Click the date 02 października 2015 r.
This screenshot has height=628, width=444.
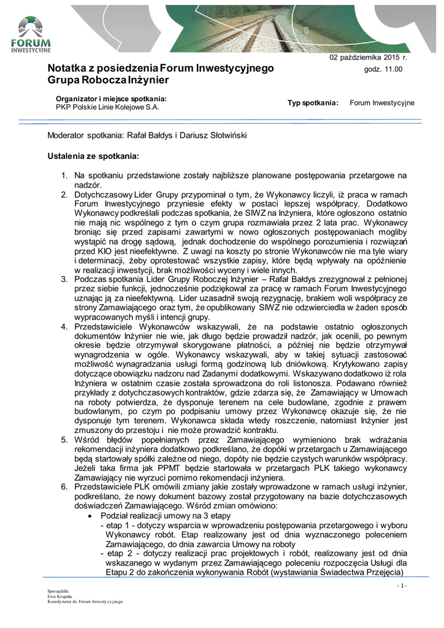tap(369, 57)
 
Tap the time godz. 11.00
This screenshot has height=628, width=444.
tap(383, 69)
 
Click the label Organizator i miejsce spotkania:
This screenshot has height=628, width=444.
tap(111, 98)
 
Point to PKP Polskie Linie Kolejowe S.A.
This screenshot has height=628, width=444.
tap(107, 107)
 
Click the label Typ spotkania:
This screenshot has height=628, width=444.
tap(313, 102)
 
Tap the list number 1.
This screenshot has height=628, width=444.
tap(63, 175)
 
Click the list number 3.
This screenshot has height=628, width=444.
tap(63, 279)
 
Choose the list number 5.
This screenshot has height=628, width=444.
tap(63, 439)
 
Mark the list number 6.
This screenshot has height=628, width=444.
tap(63, 486)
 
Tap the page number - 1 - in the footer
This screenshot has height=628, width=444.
tap(402, 586)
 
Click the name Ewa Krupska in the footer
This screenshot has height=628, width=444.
tap(60, 595)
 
